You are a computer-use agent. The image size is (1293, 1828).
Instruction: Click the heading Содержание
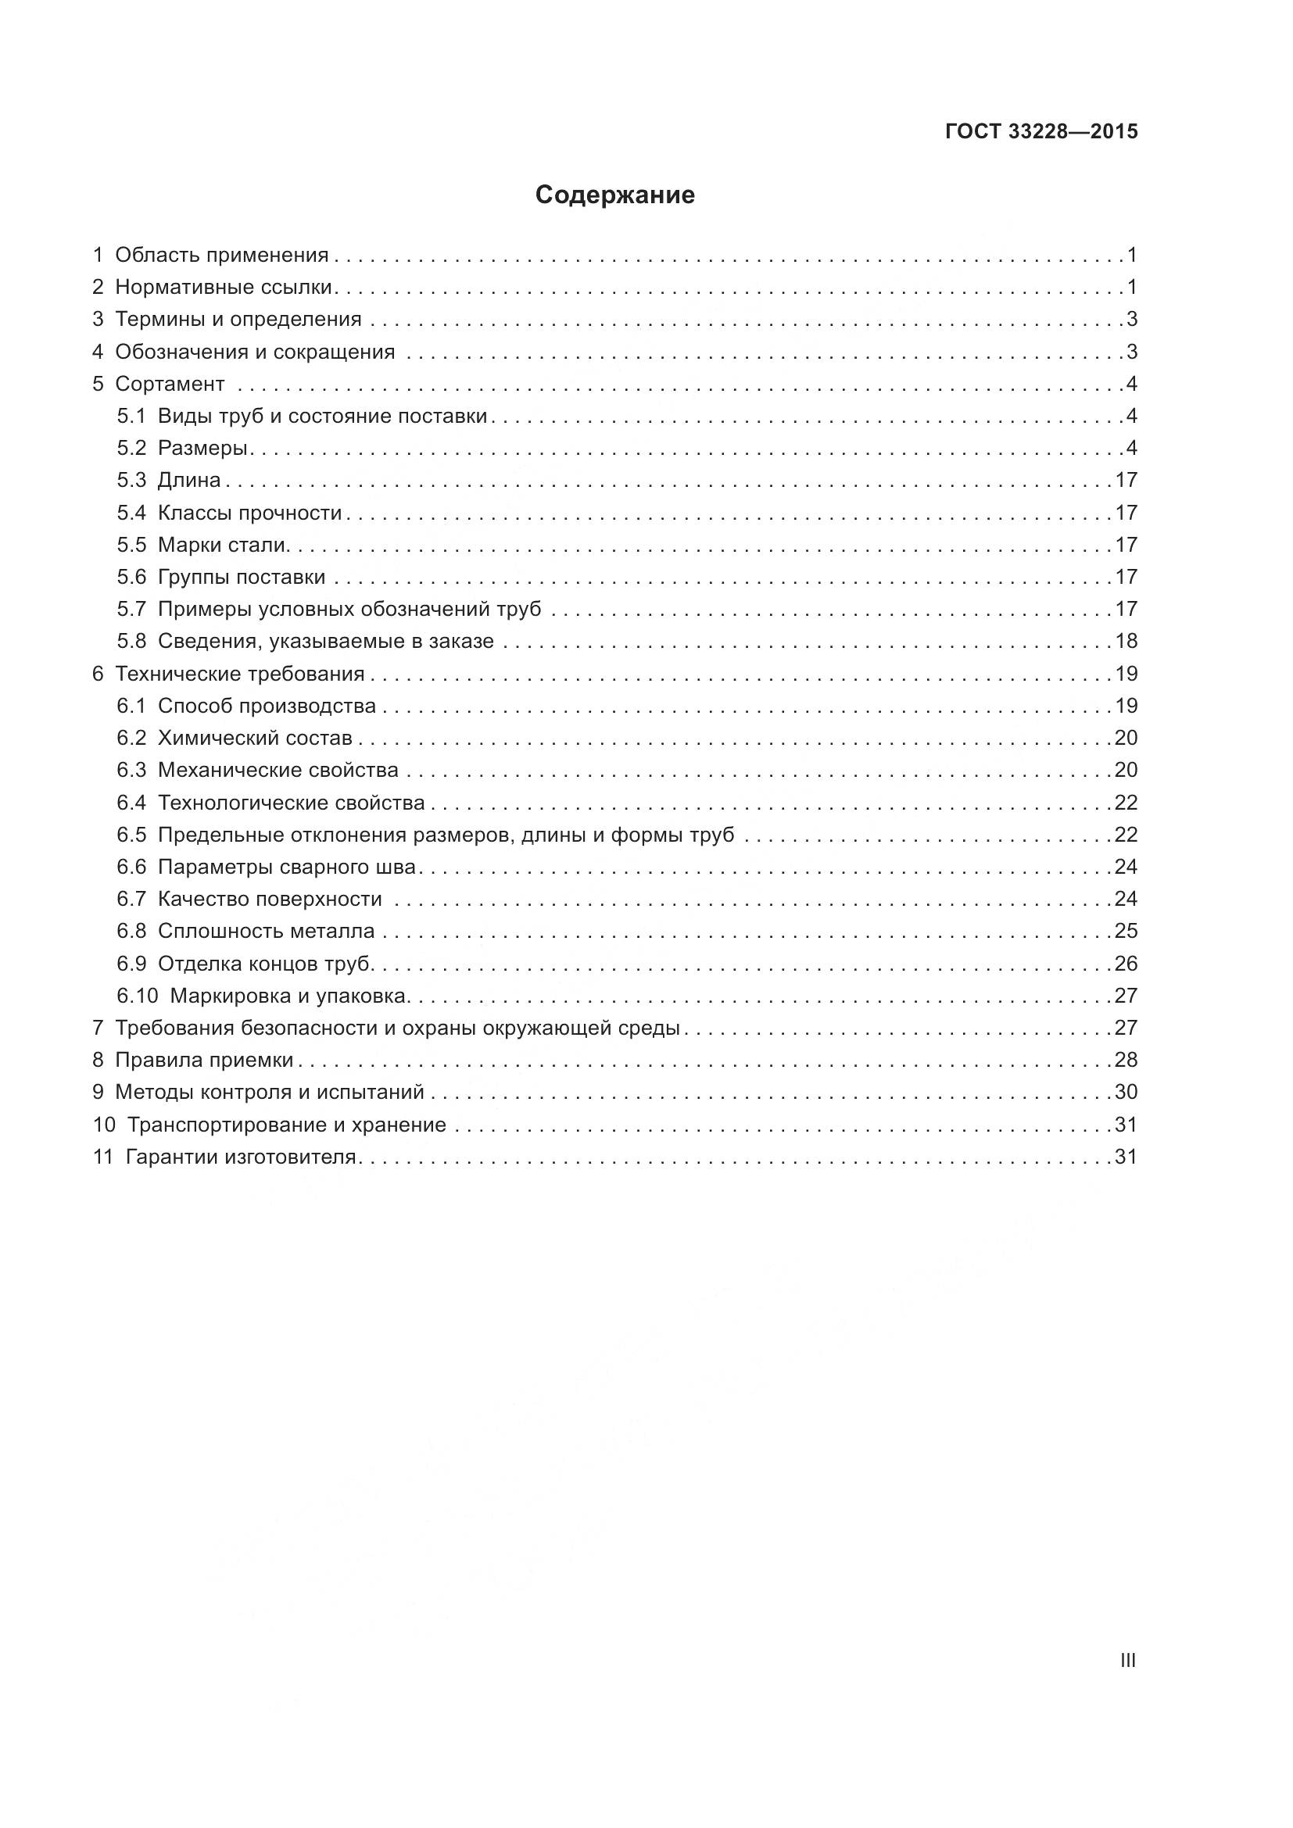click(614, 195)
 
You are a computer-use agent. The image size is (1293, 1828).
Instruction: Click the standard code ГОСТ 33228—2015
click(1041, 131)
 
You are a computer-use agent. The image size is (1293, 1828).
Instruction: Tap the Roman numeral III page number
click(1127, 1661)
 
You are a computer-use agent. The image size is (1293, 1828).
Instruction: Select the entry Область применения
click(221, 255)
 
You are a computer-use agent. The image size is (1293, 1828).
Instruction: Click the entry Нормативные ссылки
click(224, 287)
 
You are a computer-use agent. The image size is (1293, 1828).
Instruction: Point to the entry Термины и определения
click(238, 320)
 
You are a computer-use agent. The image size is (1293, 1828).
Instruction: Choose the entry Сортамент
click(170, 384)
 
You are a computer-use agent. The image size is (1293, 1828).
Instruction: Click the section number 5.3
click(131, 480)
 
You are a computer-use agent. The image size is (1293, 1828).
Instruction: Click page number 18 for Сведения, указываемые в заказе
click(1126, 641)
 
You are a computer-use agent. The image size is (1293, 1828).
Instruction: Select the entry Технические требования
click(240, 674)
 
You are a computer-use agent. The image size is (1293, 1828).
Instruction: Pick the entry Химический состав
click(255, 738)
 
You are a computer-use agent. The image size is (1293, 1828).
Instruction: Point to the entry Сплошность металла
click(266, 931)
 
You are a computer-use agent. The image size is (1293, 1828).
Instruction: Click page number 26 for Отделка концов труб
click(1126, 964)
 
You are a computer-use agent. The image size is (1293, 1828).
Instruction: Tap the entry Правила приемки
click(204, 1060)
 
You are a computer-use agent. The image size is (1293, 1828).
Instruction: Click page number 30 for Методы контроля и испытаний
click(1126, 1092)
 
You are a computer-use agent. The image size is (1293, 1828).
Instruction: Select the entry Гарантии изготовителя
click(241, 1156)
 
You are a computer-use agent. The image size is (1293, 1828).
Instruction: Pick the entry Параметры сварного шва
click(287, 866)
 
